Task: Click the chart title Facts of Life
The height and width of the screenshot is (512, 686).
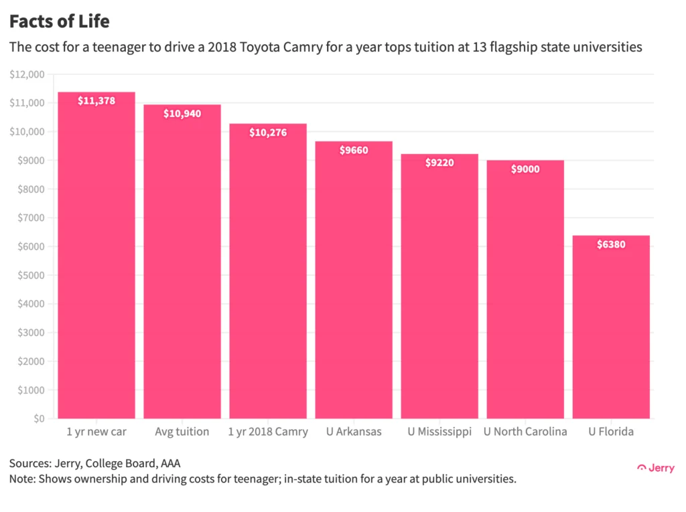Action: point(59,21)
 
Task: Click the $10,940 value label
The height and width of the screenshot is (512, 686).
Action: point(182,114)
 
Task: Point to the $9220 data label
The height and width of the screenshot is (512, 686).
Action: point(439,163)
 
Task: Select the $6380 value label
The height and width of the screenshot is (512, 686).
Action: point(611,244)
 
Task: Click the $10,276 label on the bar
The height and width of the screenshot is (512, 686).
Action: point(268,133)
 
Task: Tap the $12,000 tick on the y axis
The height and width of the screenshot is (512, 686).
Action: point(27,74)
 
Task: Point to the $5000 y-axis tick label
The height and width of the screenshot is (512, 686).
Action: point(29,275)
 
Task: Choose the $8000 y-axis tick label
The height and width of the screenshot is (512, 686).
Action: point(29,189)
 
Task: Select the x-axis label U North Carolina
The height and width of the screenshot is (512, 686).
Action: point(525,432)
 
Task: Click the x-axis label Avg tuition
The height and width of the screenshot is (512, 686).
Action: point(182,432)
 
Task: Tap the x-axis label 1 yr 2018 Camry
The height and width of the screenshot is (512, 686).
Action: point(268,432)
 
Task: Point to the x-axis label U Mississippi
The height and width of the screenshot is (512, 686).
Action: point(439,432)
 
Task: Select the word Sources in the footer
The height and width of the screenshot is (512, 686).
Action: point(29,463)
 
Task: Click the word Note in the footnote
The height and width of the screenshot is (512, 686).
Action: point(21,479)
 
